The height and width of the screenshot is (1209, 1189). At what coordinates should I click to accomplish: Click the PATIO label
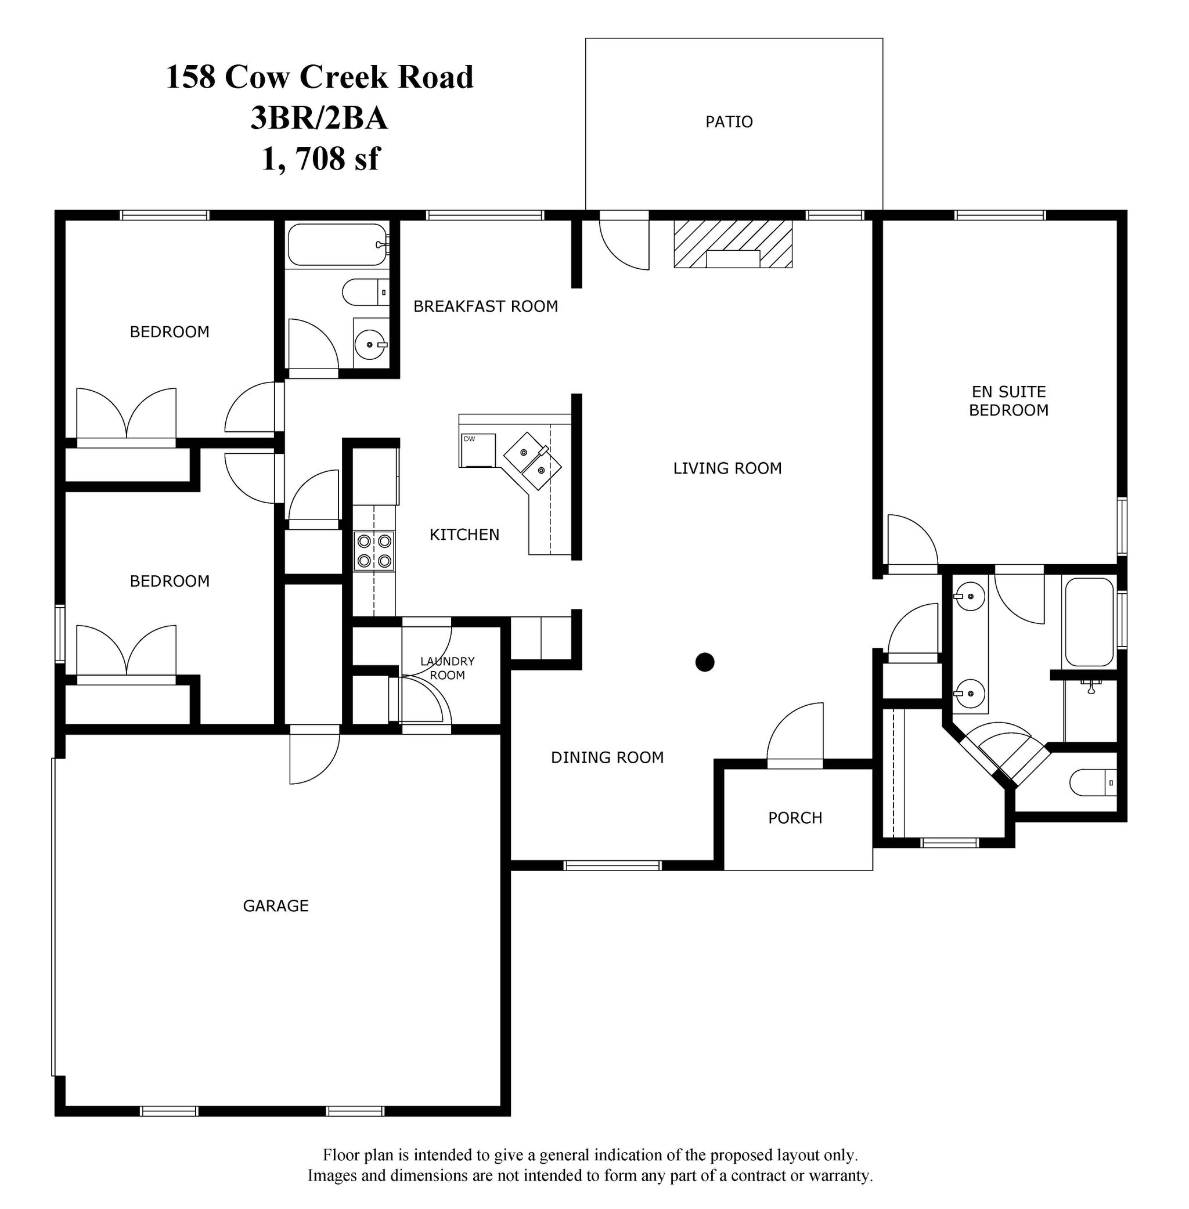pyautogui.click(x=729, y=122)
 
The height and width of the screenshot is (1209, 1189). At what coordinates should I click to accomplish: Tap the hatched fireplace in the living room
pyautogui.click(x=733, y=243)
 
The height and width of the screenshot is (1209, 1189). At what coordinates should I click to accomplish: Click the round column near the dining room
pyautogui.click(x=704, y=662)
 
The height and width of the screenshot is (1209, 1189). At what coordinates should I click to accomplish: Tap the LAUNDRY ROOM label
pyautogui.click(x=447, y=668)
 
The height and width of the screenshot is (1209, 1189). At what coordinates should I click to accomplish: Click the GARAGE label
pyautogui.click(x=275, y=905)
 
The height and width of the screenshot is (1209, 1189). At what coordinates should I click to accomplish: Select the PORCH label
pyautogui.click(x=795, y=818)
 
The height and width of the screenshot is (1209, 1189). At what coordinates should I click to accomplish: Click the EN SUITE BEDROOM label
pyautogui.click(x=1008, y=400)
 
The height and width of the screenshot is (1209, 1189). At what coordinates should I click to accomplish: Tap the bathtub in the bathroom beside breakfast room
pyautogui.click(x=337, y=245)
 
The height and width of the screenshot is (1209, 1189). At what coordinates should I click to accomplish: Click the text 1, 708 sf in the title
pyautogui.click(x=320, y=158)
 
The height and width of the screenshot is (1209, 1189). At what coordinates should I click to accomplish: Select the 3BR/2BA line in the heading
pyautogui.click(x=319, y=117)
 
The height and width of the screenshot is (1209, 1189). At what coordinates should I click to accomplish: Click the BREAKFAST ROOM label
pyautogui.click(x=485, y=306)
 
